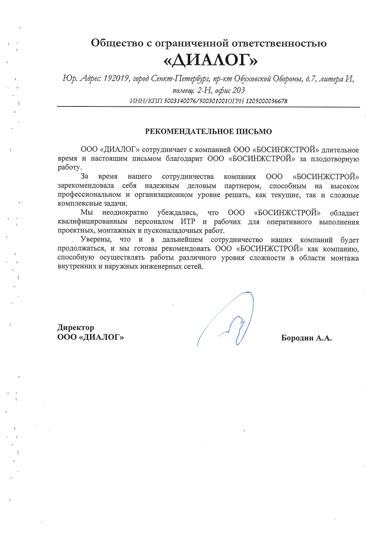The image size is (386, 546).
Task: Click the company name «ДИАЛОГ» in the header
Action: point(210,60)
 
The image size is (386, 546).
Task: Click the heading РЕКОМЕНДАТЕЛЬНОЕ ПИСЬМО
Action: point(208,131)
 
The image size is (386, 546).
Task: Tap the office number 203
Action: point(238,90)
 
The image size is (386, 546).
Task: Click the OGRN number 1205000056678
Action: point(266,101)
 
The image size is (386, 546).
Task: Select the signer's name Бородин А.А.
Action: point(306,338)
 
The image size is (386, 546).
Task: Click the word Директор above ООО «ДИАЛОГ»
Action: point(76,327)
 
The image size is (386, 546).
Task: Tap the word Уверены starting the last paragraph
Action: point(96,240)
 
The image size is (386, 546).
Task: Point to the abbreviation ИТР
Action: point(188,222)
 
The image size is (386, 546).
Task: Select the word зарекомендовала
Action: point(86,186)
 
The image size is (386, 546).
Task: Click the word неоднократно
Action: point(125,213)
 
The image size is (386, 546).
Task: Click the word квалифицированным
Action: point(92,222)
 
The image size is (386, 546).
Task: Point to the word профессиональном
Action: point(89,195)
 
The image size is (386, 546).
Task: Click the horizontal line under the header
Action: point(208,107)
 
